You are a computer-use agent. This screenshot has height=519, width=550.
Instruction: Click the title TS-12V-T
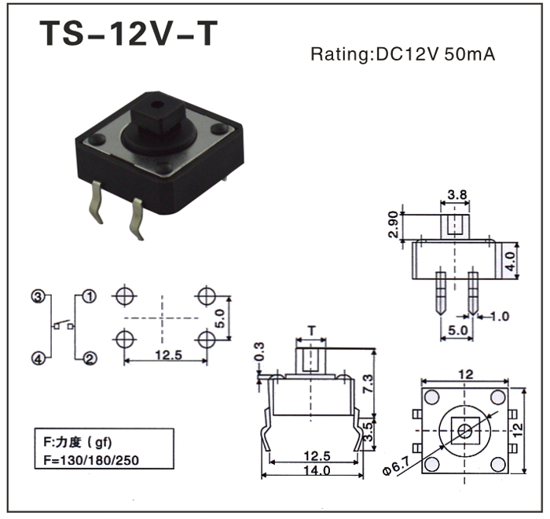pyautogui.click(x=129, y=34)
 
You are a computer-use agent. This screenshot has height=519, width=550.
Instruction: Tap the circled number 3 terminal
pyautogui.click(x=37, y=296)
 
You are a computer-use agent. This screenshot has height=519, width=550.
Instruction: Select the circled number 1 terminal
pyautogui.click(x=90, y=296)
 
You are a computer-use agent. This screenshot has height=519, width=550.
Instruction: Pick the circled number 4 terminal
pyautogui.click(x=37, y=359)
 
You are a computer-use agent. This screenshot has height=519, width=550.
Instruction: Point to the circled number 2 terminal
pyautogui.click(x=90, y=359)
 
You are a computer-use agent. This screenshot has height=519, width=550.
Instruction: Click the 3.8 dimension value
pyautogui.click(x=457, y=193)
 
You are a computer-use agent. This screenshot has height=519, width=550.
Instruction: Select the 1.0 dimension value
pyautogui.click(x=500, y=317)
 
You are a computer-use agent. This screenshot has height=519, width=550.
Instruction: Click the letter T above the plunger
pyautogui.click(x=312, y=331)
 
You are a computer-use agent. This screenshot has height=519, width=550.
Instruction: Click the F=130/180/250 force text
pyautogui.click(x=93, y=459)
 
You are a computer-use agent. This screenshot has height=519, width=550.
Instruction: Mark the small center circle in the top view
pyautogui.click(x=464, y=429)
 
